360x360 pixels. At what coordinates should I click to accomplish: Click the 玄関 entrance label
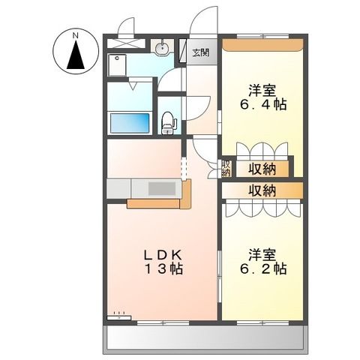(200, 52)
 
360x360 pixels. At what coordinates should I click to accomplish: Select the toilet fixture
(169, 121)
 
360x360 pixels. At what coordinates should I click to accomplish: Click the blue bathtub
(132, 122)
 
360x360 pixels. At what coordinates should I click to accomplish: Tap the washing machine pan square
(118, 66)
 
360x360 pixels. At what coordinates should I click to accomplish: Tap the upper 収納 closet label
(262, 167)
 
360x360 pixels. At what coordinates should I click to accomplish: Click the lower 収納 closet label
(262, 190)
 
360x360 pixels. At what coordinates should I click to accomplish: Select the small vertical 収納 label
(226, 167)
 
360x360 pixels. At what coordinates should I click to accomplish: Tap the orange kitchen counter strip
(153, 202)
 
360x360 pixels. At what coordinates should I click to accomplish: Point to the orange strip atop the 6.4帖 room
(262, 43)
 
